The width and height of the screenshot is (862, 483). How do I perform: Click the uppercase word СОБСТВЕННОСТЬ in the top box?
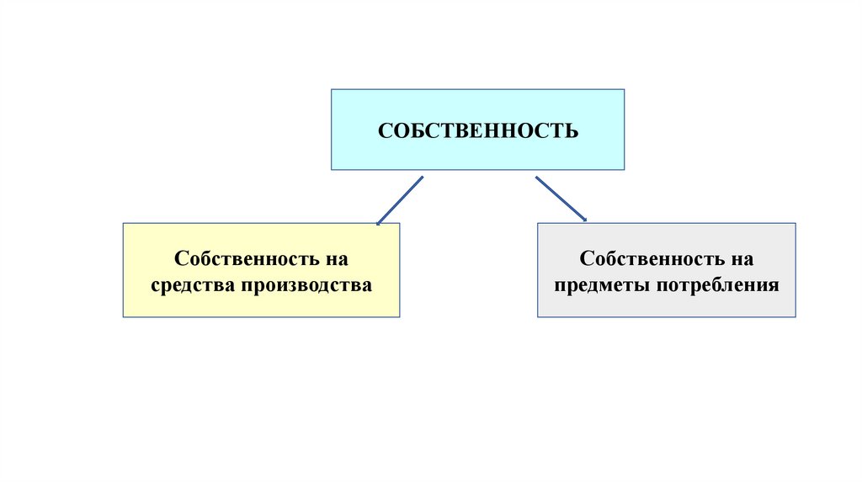(477, 131)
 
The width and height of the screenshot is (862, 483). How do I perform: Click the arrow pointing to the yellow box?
(400, 200)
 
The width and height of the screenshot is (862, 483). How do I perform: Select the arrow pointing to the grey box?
(561, 199)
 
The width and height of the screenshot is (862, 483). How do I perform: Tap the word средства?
(193, 285)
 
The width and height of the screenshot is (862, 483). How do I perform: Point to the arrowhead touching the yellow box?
(379, 222)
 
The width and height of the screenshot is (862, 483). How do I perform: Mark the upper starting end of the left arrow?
(421, 178)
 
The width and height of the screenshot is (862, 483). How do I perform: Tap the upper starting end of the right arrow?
(537, 178)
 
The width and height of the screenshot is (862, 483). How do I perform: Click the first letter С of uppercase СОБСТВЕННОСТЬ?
(384, 131)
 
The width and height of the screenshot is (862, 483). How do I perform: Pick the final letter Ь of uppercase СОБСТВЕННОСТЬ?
(572, 131)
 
